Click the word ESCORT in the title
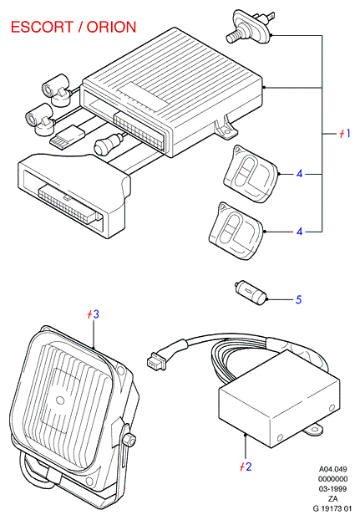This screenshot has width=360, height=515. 42,27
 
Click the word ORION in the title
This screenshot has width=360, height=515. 111,27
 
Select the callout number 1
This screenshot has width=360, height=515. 347,134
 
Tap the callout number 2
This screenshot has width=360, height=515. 248,467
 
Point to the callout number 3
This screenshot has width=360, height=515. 95,314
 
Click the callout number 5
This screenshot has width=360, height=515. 298,299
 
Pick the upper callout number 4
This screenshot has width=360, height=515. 299,173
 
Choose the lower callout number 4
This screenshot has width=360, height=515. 299,232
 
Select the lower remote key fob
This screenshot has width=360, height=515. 236,231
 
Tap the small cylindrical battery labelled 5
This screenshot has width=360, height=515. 251,293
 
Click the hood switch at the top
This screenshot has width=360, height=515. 250,27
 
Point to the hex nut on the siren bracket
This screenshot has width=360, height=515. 129,438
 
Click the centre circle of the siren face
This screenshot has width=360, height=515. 60,400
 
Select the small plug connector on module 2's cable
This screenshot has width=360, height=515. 154,360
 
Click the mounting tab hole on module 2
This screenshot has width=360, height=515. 317,430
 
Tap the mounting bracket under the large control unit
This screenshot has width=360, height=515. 226,127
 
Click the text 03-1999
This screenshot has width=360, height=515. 332,489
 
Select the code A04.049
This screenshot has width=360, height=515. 332,469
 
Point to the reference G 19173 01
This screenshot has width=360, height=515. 332,509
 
